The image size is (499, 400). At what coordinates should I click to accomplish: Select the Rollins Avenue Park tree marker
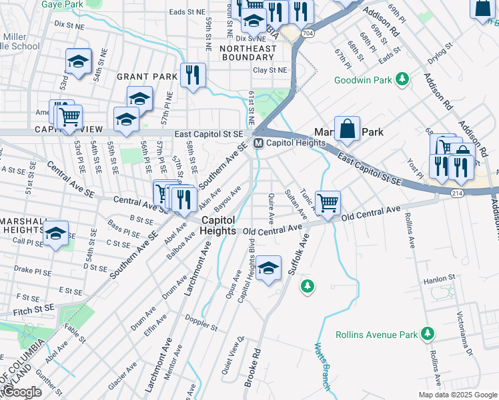pos(427,333)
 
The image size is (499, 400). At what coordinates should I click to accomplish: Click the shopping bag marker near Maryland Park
pos(347,129)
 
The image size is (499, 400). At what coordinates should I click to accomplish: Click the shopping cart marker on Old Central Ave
pos(327,202)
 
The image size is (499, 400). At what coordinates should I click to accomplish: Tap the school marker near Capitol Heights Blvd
pos(268,268)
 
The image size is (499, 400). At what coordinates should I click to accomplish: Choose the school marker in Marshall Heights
pos(55,233)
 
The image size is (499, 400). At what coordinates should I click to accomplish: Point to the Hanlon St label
pos(441,277)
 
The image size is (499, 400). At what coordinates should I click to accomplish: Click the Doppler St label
pos(202,324)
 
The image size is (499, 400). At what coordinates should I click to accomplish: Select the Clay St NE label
pos(270,70)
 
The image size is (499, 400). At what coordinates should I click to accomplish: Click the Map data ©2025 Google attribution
pos(456,395)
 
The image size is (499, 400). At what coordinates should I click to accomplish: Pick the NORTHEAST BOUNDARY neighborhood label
pos(247,53)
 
